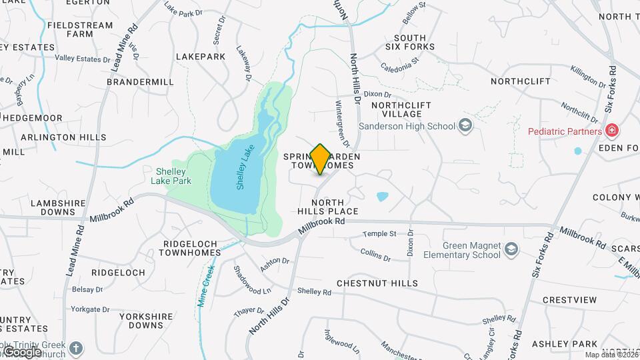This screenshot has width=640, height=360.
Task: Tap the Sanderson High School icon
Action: pyautogui.click(x=465, y=125)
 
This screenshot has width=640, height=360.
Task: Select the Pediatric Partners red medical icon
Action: pyautogui.click(x=611, y=131)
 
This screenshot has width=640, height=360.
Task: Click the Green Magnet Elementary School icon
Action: pyautogui.click(x=511, y=249)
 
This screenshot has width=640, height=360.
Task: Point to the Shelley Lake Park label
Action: pyautogui.click(x=169, y=175)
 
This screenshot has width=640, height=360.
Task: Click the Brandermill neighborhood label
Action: pyautogui.click(x=140, y=82)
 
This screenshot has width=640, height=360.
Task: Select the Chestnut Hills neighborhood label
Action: pyautogui.click(x=377, y=283)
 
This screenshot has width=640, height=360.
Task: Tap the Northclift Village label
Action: pyautogui.click(x=401, y=110)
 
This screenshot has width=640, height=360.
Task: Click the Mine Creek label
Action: pyautogui.click(x=206, y=286)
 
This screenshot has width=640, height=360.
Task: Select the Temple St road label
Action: pyautogui.click(x=379, y=234)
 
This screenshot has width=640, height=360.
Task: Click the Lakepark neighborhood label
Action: pyautogui.click(x=201, y=57)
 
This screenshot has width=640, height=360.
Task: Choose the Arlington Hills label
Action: pyautogui.click(x=63, y=137)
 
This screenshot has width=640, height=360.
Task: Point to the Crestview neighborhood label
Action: pyautogui.click(x=569, y=300)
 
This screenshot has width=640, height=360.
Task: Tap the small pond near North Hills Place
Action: pyautogui.click(x=382, y=197)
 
